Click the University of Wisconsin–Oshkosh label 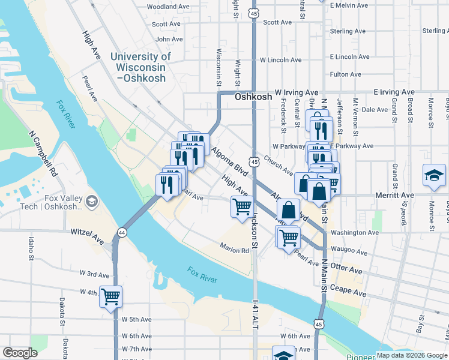[x=140, y=67]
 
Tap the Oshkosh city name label [x=253, y=96]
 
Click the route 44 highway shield [x=122, y=232]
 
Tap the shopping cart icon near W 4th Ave [x=111, y=296]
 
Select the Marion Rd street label [x=234, y=250]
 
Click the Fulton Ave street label [x=346, y=74]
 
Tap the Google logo [x=20, y=353]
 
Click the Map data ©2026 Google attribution [x=412, y=355]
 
